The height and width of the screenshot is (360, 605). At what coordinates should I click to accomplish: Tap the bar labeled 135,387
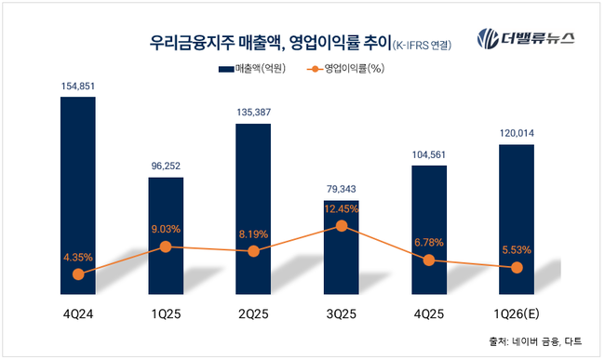tap(253, 205)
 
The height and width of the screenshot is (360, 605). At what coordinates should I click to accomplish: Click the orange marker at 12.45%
tap(342, 226)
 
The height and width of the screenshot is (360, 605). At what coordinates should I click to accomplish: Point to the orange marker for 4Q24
tap(78, 274)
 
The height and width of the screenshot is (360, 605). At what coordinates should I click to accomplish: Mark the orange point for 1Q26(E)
tap(517, 268)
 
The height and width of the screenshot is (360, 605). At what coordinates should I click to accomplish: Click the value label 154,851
tap(78, 86)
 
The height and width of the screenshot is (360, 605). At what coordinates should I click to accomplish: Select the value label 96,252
tap(166, 166)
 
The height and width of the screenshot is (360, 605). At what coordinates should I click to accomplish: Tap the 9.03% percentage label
tap(166, 228)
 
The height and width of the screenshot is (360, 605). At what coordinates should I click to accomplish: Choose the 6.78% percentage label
tap(428, 243)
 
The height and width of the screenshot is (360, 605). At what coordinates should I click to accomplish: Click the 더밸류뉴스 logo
tap(525, 39)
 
